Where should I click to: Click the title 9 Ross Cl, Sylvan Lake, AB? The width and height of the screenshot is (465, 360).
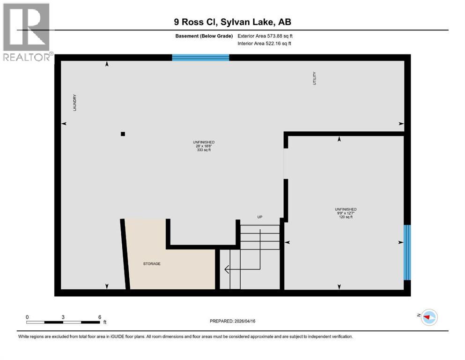click(232, 22)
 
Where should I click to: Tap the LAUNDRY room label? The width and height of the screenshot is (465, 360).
click(74, 103)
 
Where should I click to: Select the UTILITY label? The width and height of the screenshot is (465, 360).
click(315, 78)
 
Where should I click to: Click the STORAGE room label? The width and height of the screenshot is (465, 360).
click(152, 264)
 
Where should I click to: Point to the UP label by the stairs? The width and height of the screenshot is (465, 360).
click(259, 217)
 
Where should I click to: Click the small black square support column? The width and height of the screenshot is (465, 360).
click(123, 134)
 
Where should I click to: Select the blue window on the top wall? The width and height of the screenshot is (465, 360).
click(200, 58)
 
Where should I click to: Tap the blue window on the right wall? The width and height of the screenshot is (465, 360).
click(407, 252)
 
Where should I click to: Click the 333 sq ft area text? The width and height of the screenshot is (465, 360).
click(204, 150)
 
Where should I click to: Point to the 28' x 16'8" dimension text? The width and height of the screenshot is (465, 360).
click(204, 146)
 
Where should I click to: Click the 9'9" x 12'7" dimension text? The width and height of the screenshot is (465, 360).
click(346, 214)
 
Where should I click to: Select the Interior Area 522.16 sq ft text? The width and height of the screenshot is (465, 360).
click(264, 44)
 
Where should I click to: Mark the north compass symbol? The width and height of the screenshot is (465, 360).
click(428, 317)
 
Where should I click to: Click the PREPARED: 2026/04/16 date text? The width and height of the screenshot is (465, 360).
click(232, 321)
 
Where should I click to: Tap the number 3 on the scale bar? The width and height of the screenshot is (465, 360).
click(63, 317)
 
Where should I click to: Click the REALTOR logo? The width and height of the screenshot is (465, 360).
click(27, 32)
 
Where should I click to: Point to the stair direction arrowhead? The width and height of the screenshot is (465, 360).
click(227, 270)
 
